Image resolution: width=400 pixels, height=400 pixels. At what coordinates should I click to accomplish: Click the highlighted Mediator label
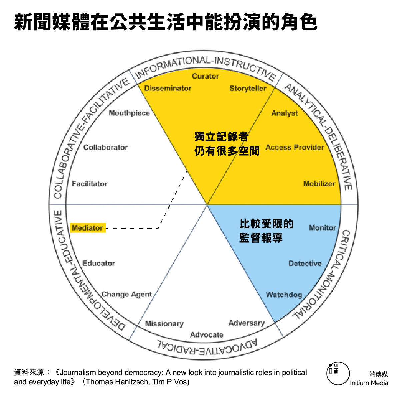(87, 228)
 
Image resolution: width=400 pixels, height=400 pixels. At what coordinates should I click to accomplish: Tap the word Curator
(205, 76)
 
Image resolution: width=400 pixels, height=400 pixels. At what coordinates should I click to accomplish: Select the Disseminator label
(168, 88)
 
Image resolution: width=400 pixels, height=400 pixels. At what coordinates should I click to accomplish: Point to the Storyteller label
(248, 88)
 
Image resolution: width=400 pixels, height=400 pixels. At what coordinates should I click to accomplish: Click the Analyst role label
(284, 113)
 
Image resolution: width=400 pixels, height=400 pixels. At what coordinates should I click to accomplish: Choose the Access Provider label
(295, 147)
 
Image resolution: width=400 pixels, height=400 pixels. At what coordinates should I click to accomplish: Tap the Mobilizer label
(319, 184)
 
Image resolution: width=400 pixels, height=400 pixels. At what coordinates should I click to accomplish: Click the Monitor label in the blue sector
(322, 228)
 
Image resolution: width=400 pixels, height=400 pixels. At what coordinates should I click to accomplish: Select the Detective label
(305, 263)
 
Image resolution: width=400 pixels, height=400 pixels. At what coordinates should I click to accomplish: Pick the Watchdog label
(284, 295)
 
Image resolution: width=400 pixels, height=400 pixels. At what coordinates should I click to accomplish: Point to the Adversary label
(246, 323)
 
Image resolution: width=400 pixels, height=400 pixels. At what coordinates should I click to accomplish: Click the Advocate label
(207, 335)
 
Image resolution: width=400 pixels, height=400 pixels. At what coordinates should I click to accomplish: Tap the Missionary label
(164, 323)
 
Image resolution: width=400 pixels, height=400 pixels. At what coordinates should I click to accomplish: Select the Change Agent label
(127, 294)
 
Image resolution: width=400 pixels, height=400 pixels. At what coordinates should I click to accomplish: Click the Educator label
(99, 263)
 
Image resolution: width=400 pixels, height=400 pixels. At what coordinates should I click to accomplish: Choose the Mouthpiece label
(129, 113)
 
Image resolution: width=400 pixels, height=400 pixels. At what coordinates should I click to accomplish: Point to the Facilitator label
(90, 184)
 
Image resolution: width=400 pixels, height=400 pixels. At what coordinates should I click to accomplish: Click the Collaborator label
(105, 147)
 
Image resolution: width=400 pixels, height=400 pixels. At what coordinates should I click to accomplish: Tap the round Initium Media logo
(338, 373)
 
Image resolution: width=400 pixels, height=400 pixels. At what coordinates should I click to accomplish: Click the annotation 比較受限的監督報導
(266, 231)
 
